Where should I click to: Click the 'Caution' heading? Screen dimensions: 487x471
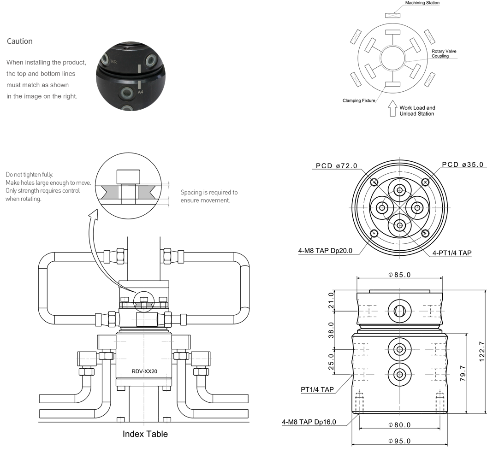[x=19, y=41]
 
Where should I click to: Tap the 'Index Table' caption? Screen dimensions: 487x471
[x=145, y=434]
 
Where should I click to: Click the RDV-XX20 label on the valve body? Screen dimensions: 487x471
[x=144, y=371]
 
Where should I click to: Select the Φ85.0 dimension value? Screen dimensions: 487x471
[x=399, y=275]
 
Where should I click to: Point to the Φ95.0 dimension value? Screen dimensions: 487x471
[x=399, y=441]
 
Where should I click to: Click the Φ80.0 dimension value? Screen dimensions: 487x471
[x=399, y=425]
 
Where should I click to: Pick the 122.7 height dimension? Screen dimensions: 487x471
[x=482, y=352]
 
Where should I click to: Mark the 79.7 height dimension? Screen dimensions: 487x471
[x=463, y=373]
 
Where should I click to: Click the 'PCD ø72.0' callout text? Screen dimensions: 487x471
[x=336, y=166]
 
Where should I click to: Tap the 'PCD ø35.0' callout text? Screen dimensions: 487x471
[x=463, y=165]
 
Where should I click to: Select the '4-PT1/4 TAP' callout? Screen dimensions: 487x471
[x=452, y=253]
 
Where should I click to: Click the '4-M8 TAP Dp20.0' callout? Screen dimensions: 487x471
[x=325, y=251]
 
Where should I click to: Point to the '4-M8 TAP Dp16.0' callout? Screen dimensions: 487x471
[x=309, y=422]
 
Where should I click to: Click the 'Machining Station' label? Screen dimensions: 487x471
[x=422, y=3]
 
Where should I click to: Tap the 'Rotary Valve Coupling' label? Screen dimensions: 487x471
[x=444, y=53]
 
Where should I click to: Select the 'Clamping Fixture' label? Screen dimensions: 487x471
[x=359, y=100]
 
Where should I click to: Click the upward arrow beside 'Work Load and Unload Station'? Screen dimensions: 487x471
[x=392, y=108]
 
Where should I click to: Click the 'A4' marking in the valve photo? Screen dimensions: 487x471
[x=140, y=92]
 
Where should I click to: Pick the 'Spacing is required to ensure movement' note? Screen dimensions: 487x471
[x=209, y=196]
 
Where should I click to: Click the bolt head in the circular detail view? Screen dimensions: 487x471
[x=128, y=177]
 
